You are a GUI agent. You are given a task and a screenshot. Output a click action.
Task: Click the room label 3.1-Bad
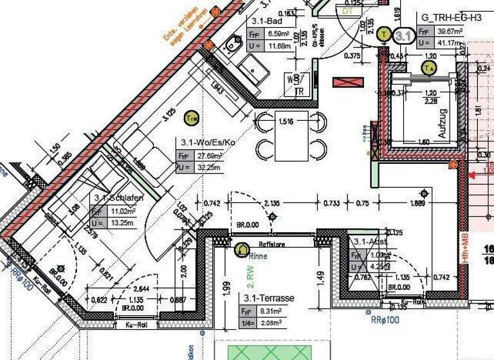pos(264,21)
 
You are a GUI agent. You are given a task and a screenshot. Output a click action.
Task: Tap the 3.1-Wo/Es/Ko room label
pos(206,142)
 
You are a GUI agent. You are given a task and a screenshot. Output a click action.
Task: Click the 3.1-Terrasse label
pos(268,298)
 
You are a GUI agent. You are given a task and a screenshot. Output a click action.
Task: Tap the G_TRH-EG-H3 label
pos(451,17)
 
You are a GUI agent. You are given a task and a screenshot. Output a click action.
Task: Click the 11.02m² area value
pos(122,211)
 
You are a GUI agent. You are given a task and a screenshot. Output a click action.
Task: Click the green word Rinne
pos(259,256)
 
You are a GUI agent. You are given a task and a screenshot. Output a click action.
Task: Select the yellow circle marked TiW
pos(191,118)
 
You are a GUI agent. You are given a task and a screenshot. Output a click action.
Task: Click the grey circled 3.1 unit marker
pos(403,35)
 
